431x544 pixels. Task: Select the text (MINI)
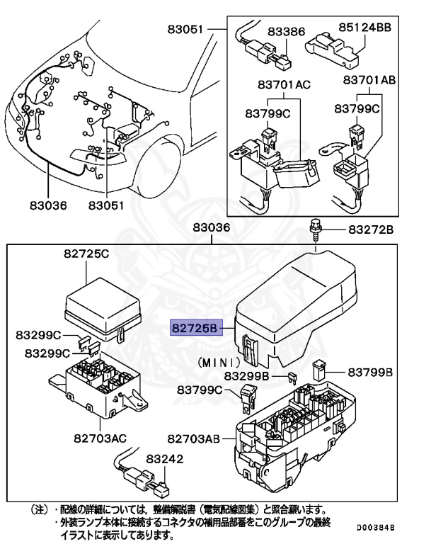212,361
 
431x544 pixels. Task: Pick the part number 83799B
369,371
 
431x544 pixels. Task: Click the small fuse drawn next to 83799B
319,369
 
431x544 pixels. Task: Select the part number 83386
286,32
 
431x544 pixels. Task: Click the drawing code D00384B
375,528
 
